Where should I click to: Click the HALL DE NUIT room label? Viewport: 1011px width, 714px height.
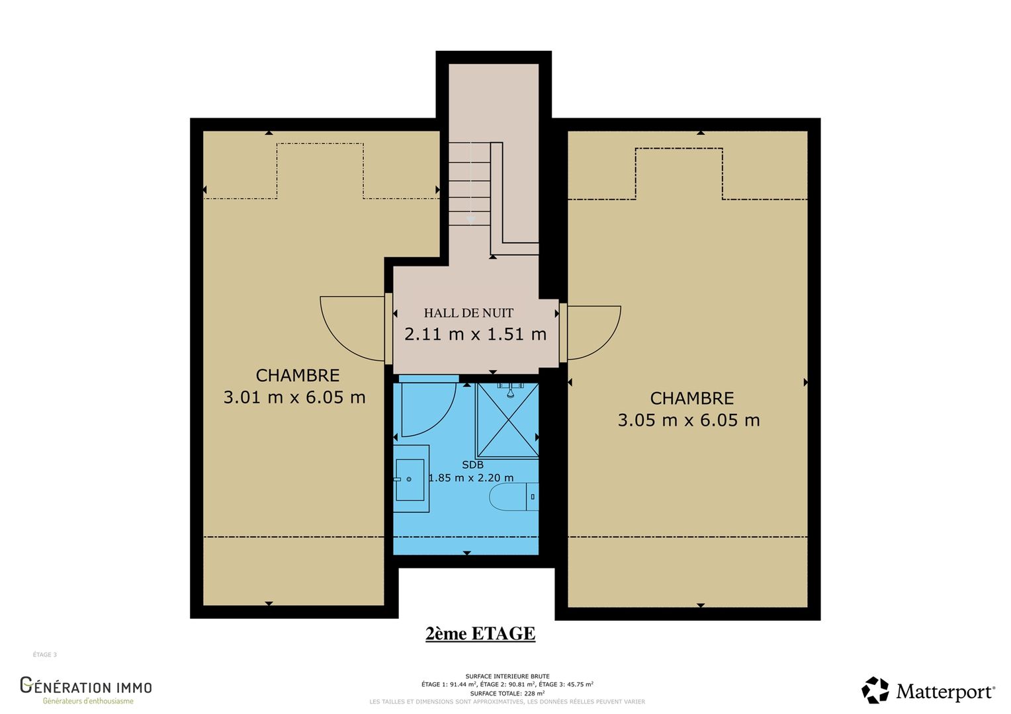tap(468, 313)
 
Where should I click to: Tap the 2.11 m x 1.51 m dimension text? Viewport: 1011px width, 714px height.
tap(475, 335)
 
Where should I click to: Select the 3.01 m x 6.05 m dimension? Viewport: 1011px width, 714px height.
tap(294, 397)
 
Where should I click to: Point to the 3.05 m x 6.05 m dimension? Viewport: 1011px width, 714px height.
tap(689, 420)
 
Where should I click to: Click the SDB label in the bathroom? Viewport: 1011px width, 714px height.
tap(472, 465)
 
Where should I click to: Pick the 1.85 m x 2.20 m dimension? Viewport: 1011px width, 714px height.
tap(470, 478)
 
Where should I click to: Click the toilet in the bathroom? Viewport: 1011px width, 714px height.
tap(514, 496)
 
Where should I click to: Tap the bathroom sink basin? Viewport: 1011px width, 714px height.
tap(410, 479)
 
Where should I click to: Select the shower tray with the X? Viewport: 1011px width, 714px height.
tap(507, 420)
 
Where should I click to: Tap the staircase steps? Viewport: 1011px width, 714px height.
tap(469, 184)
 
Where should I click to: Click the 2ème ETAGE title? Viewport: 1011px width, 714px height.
tap(480, 634)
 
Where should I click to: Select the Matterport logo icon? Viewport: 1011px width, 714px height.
tap(875, 690)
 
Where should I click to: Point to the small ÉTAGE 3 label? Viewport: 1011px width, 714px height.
tap(45, 654)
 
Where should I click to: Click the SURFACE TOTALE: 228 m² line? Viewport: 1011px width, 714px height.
tap(507, 694)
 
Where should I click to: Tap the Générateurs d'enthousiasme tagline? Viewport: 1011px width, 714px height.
tap(88, 701)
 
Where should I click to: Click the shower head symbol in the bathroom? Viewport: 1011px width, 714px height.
tap(511, 391)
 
